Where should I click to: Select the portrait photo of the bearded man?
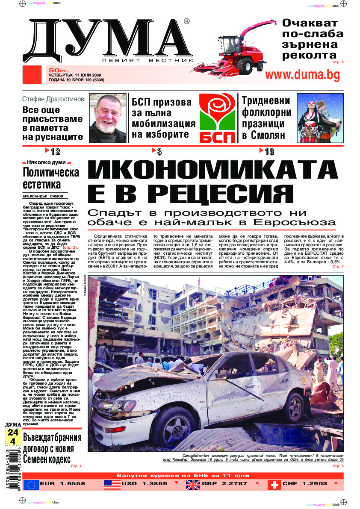point(107,118)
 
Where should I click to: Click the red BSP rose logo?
point(217,118)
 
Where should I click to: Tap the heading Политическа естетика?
point(51,179)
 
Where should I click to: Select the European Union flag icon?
point(32,484)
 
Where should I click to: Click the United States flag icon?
point(112,484)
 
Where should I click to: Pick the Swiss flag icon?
point(274,484)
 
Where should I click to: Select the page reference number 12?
point(55,151)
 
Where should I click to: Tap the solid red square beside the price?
point(33,75)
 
